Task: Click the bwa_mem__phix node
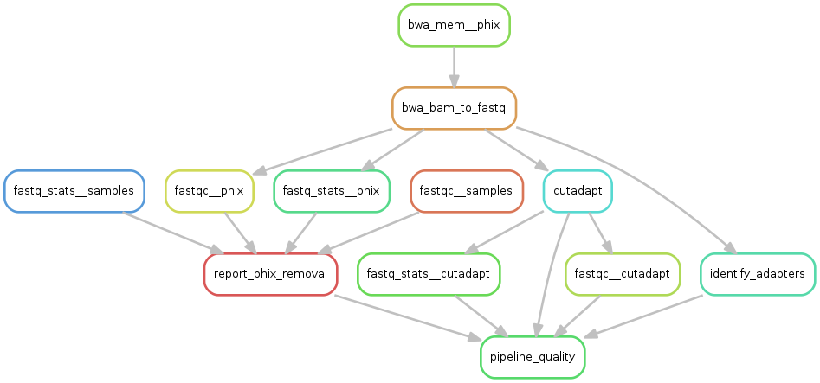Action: pyautogui.click(x=454, y=25)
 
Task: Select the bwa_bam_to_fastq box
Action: pyautogui.click(x=454, y=108)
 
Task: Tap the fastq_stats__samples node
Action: pyautogui.click(x=74, y=191)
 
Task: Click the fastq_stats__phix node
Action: pyautogui.click(x=332, y=191)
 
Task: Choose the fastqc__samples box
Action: pyautogui.click(x=466, y=191)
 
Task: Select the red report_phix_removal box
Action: pyautogui.click(x=270, y=274)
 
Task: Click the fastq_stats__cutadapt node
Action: pyautogui.click(x=429, y=274)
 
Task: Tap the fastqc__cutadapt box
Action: pyautogui.click(x=622, y=274)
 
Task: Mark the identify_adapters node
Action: pyautogui.click(x=758, y=274)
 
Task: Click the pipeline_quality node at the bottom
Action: pyautogui.click(x=533, y=357)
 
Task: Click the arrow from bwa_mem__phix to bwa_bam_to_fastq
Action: pyautogui.click(x=454, y=66)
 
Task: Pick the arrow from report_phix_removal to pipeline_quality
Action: pyautogui.click(x=407, y=316)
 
